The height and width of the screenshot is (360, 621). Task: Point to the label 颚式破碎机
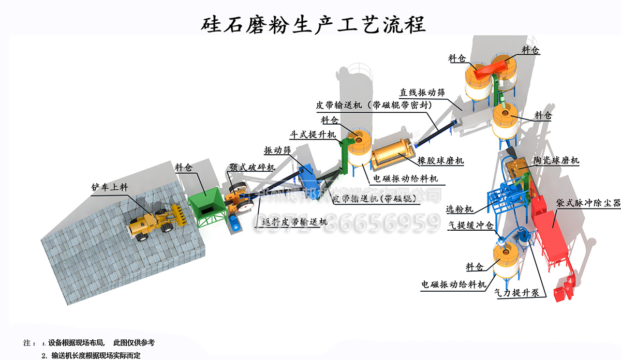click(x=252, y=168)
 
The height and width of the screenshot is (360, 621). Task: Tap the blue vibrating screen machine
click(x=310, y=178)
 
